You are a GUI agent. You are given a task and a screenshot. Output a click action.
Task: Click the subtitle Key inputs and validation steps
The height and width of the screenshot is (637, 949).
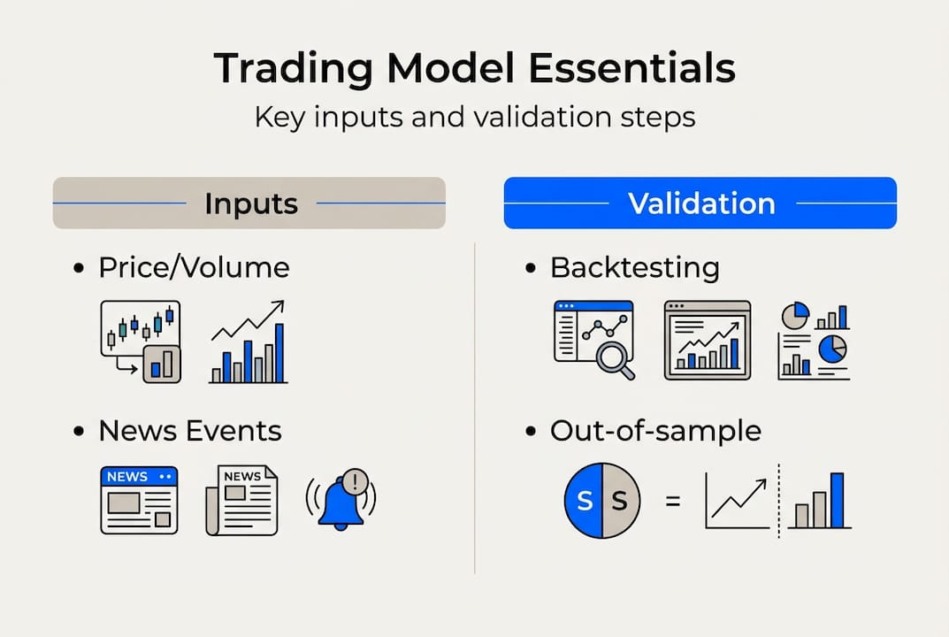coord(474,117)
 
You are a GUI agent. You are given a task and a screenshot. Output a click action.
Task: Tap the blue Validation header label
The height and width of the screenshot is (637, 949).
coord(700,203)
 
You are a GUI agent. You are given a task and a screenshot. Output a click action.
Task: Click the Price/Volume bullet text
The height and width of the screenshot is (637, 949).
coord(194,267)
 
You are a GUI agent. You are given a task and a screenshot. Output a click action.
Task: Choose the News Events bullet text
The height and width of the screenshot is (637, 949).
coord(190,431)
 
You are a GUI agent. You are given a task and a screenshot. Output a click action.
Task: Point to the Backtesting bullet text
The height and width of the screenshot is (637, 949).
coord(634,267)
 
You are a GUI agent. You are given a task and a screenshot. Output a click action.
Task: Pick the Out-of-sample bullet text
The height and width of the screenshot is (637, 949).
coord(655,431)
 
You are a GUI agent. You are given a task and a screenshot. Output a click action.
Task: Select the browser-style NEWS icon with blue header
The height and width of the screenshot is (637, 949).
coord(139,500)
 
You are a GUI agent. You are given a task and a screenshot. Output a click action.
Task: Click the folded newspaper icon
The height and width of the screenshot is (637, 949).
coord(241,500)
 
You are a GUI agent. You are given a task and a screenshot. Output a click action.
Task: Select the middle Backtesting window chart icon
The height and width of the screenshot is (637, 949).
coord(707,341)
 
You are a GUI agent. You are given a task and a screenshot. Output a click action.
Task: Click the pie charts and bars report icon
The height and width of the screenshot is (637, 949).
coord(814,341)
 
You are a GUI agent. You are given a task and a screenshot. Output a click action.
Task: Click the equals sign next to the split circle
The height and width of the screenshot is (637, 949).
coord(673,501)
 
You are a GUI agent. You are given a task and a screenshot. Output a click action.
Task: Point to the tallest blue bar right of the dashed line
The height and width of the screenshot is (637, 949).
coord(837,500)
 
